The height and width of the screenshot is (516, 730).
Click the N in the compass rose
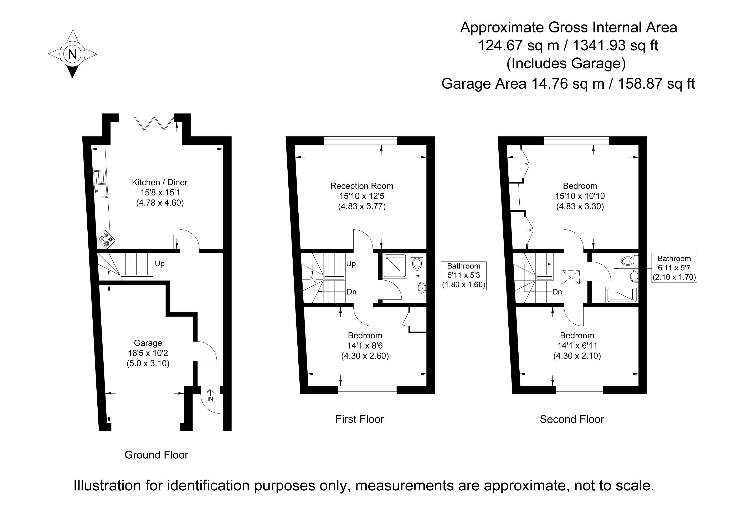coord(72,54)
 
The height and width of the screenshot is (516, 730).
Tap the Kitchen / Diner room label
coord(160,182)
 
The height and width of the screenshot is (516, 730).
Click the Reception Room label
coord(362,186)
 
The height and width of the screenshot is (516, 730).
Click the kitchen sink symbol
coord(101,184)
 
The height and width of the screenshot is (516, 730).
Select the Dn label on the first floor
coord(351,292)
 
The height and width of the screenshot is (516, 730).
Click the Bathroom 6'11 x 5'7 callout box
coord(674,268)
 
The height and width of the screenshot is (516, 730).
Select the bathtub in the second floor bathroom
coord(622,295)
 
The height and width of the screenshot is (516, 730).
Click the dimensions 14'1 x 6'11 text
coord(577,345)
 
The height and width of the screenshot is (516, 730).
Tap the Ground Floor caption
coord(156,455)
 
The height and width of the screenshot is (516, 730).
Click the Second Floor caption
coord(572,419)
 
